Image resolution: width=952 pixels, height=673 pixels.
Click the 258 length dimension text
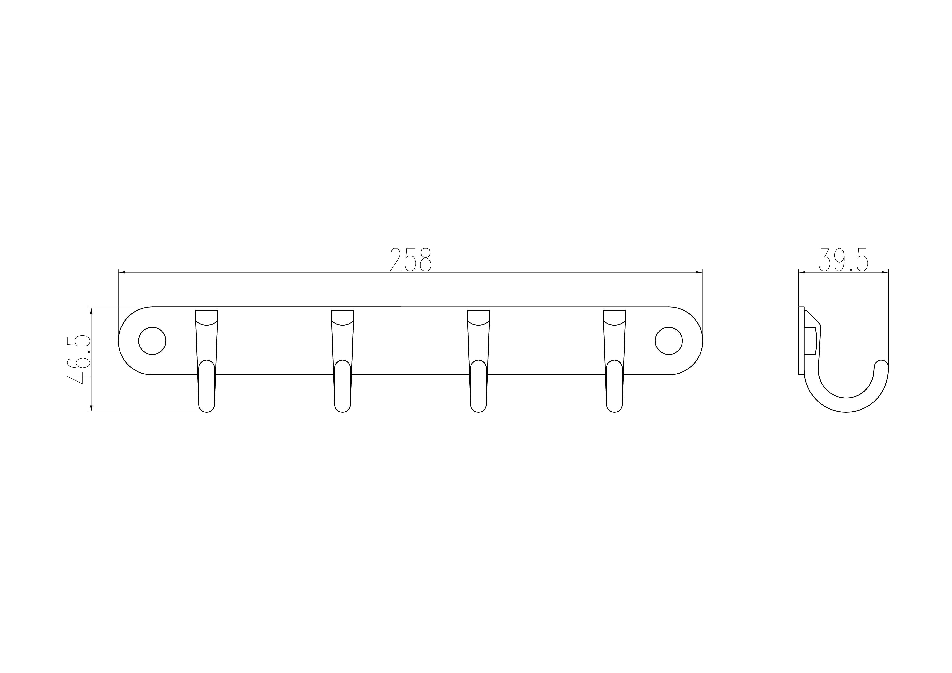pyautogui.click(x=411, y=260)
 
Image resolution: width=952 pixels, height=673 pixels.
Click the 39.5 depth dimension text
pyautogui.click(x=843, y=260)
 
